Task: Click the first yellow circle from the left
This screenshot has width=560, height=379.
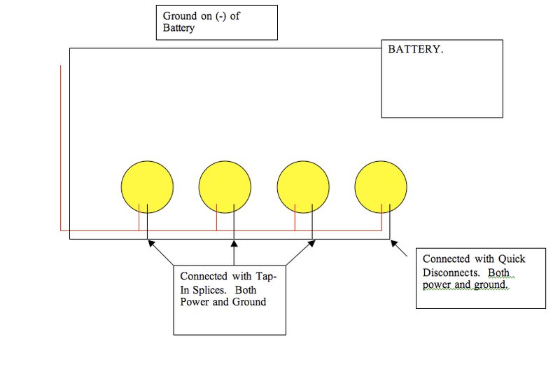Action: coord(147,187)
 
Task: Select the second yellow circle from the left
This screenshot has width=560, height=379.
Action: coord(225,187)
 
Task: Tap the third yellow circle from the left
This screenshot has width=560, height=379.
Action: coord(303,187)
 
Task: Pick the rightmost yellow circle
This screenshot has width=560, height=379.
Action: coord(381,187)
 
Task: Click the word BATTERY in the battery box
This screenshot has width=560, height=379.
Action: coord(415,50)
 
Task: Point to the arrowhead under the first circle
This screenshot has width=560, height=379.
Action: coord(149,244)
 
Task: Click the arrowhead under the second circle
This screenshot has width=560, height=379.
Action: coord(234,244)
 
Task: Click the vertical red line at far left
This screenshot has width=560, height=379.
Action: coord(61,147)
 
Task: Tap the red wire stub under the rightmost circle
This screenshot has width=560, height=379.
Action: coord(381,217)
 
